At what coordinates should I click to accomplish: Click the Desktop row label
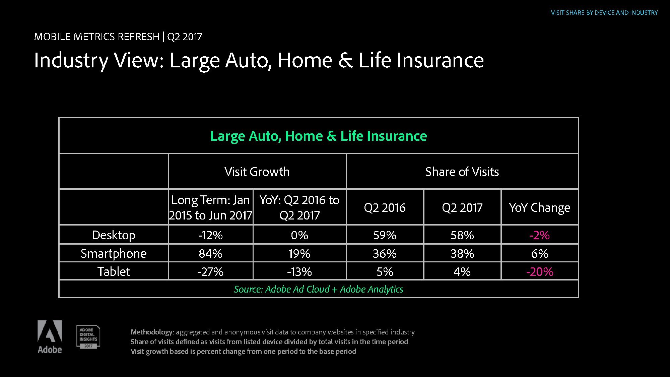pyautogui.click(x=114, y=235)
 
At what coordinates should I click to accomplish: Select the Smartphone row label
pyautogui.click(x=114, y=253)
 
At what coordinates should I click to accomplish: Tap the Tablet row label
pyautogui.click(x=114, y=271)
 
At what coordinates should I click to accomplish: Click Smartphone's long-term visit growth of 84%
pyautogui.click(x=210, y=253)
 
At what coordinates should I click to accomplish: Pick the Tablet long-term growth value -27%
pyautogui.click(x=210, y=271)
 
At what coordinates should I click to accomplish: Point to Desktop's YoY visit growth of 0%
pyautogui.click(x=299, y=235)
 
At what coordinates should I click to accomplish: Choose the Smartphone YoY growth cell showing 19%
pyautogui.click(x=299, y=253)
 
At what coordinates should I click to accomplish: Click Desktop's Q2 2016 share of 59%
pyautogui.click(x=385, y=235)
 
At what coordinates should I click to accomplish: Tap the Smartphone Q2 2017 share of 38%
pyautogui.click(x=462, y=253)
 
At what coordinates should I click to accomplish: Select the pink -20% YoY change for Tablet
pyautogui.click(x=540, y=271)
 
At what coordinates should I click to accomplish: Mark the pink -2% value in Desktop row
pyautogui.click(x=540, y=235)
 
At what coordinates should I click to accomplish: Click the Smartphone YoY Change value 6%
pyautogui.click(x=540, y=253)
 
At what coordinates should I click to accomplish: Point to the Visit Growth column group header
pyautogui.click(x=257, y=172)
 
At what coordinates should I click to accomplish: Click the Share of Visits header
pyautogui.click(x=462, y=172)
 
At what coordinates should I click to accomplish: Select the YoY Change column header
pyautogui.click(x=540, y=207)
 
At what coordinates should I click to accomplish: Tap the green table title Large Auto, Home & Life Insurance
pyautogui.click(x=319, y=136)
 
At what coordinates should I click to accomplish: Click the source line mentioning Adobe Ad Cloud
pyautogui.click(x=319, y=289)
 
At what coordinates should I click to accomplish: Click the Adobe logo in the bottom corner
pyautogui.click(x=50, y=337)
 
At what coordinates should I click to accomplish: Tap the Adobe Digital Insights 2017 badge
pyautogui.click(x=88, y=337)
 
